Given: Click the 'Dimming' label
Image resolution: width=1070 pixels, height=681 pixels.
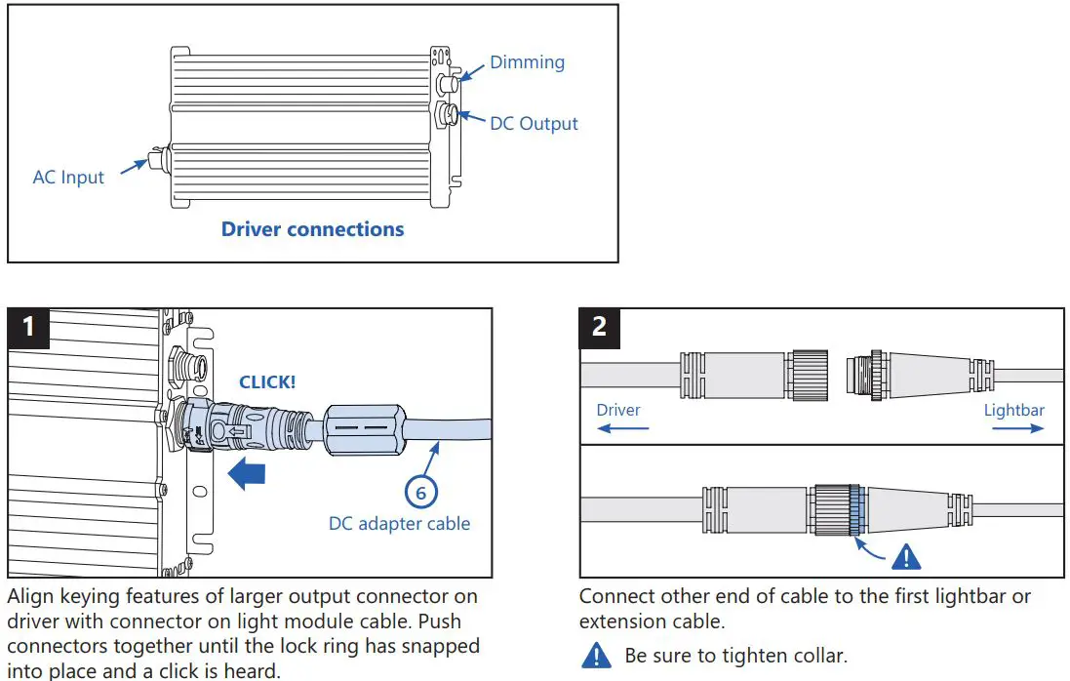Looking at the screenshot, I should click(x=527, y=62).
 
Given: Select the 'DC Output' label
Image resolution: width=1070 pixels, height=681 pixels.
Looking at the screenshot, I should click(x=534, y=124).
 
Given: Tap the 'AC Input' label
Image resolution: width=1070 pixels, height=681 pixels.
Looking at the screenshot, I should click(x=68, y=178).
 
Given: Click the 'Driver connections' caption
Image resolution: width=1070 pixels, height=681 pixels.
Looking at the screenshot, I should click(x=312, y=229).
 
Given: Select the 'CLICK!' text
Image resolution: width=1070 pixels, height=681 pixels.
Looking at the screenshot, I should click(x=266, y=381).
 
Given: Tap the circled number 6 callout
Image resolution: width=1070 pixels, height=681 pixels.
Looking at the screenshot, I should click(x=420, y=493).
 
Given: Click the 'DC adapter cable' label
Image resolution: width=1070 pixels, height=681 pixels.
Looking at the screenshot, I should click(x=399, y=524).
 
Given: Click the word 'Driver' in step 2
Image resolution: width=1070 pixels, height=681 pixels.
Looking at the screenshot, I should click(x=618, y=409).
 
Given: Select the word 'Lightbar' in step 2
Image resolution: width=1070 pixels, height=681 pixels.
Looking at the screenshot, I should click(x=1013, y=409).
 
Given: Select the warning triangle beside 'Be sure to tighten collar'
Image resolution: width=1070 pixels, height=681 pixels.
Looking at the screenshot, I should click(x=596, y=656).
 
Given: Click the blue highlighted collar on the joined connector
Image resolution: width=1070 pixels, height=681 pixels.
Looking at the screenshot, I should click(x=855, y=510).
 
